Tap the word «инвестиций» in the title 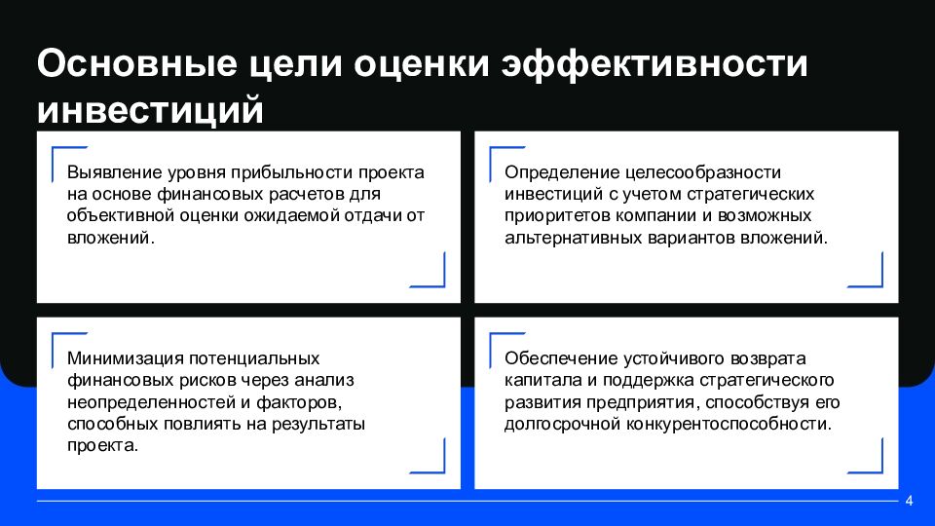click(150, 108)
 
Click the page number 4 click(909, 502)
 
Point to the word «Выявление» click(108, 171)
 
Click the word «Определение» click(550, 171)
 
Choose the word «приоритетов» click(554, 215)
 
